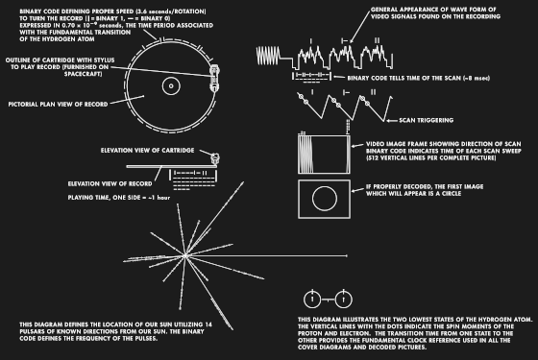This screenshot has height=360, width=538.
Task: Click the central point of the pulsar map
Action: [171, 260]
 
